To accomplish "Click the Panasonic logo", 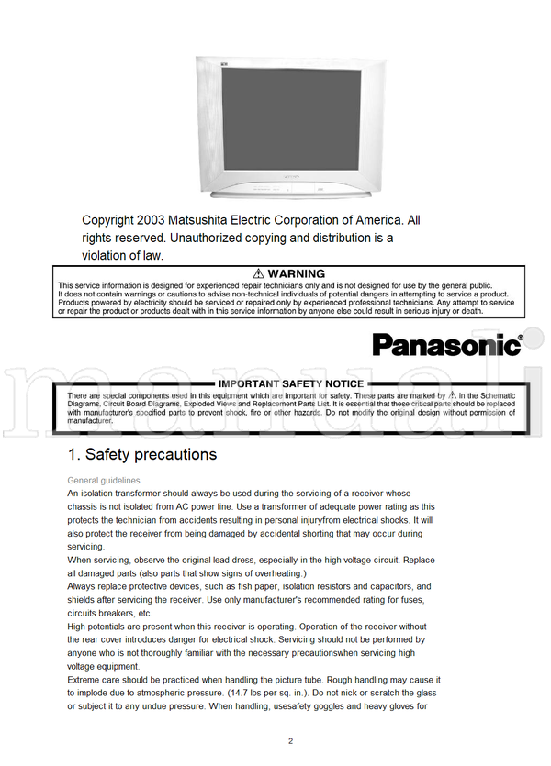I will pos(447,344).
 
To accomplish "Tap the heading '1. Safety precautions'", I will pos(142,454).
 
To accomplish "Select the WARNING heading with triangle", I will pos(288,273).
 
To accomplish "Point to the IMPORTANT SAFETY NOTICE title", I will pos(291,383).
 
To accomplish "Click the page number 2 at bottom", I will pos(290,741).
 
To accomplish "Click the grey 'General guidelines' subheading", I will pos(104,480).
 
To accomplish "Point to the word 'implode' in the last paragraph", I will pos(96,693).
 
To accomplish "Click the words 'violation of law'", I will pos(122,255).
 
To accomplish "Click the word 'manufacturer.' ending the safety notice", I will pos(90,420).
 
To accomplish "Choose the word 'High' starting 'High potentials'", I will pos(78,627).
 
